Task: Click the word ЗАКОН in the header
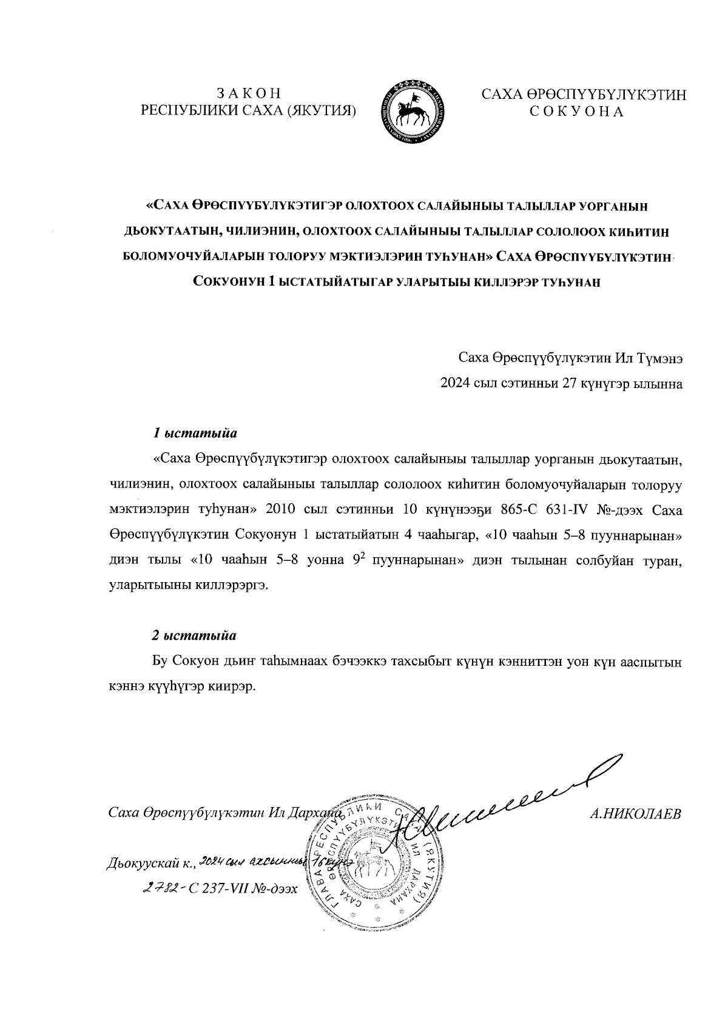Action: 249,94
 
